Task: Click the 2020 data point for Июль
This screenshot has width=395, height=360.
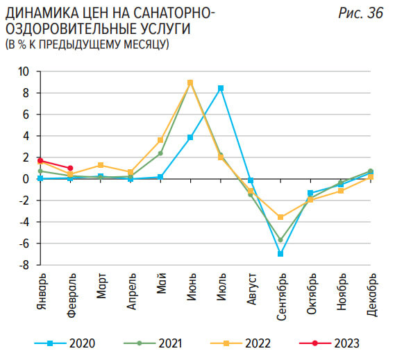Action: click(221, 88)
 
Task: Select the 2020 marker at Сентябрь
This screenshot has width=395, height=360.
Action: click(280, 254)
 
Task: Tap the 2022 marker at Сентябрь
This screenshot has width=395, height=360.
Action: click(280, 217)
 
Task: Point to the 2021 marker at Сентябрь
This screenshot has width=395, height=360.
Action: click(280, 240)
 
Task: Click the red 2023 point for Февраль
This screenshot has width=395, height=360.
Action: click(71, 168)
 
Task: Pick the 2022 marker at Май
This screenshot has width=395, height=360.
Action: click(160, 140)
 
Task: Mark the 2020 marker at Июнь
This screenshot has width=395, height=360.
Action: click(190, 137)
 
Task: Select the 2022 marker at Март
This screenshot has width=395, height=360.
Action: click(101, 165)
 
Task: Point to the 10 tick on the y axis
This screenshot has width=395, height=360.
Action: click(24, 71)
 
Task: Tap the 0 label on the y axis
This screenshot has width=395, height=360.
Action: click(27, 179)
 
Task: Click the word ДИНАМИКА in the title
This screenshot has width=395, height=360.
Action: click(38, 13)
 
